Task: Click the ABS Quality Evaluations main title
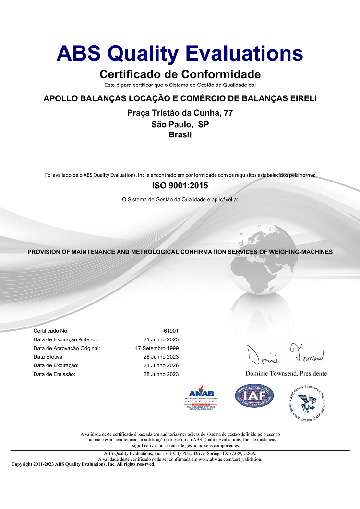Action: click(x=180, y=53)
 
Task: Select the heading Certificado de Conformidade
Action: click(x=180, y=74)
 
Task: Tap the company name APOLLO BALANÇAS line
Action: click(x=180, y=99)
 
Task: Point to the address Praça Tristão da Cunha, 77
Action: click(x=180, y=113)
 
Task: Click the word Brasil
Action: click(x=180, y=135)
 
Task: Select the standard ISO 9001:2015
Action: click(x=180, y=185)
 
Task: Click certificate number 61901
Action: click(x=171, y=331)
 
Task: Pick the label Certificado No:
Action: click(x=51, y=331)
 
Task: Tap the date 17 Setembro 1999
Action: click(x=157, y=348)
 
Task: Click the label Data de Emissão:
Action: click(x=55, y=374)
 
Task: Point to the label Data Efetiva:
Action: click(x=48, y=357)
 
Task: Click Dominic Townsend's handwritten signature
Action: click(x=286, y=354)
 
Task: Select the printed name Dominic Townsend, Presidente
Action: click(x=286, y=373)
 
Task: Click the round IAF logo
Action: click(x=254, y=397)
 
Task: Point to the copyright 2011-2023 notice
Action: click(x=83, y=464)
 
